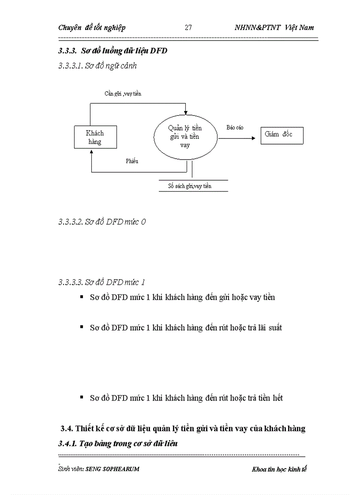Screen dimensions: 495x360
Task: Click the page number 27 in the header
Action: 188,27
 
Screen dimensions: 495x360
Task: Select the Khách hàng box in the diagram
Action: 95,137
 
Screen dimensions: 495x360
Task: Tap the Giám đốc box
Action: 281,134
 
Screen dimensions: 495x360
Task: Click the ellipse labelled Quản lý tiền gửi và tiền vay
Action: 185,136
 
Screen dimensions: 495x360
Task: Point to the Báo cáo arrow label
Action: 235,127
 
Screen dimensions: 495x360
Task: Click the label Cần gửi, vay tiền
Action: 123,93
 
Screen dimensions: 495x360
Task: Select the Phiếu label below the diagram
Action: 132,161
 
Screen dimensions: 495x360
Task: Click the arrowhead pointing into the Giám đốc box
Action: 253,138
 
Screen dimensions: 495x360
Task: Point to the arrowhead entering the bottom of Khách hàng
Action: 91,151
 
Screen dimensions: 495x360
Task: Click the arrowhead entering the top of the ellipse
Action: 186,111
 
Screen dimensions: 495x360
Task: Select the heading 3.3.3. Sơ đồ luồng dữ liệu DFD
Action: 112,51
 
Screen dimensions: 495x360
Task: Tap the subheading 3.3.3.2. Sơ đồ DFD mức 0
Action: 102,222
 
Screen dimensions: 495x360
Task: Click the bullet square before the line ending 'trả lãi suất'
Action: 82,327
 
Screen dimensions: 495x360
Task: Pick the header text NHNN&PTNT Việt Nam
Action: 274,27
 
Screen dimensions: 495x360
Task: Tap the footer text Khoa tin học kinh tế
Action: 279,469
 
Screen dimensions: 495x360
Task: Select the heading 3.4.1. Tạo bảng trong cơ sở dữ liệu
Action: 118,444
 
